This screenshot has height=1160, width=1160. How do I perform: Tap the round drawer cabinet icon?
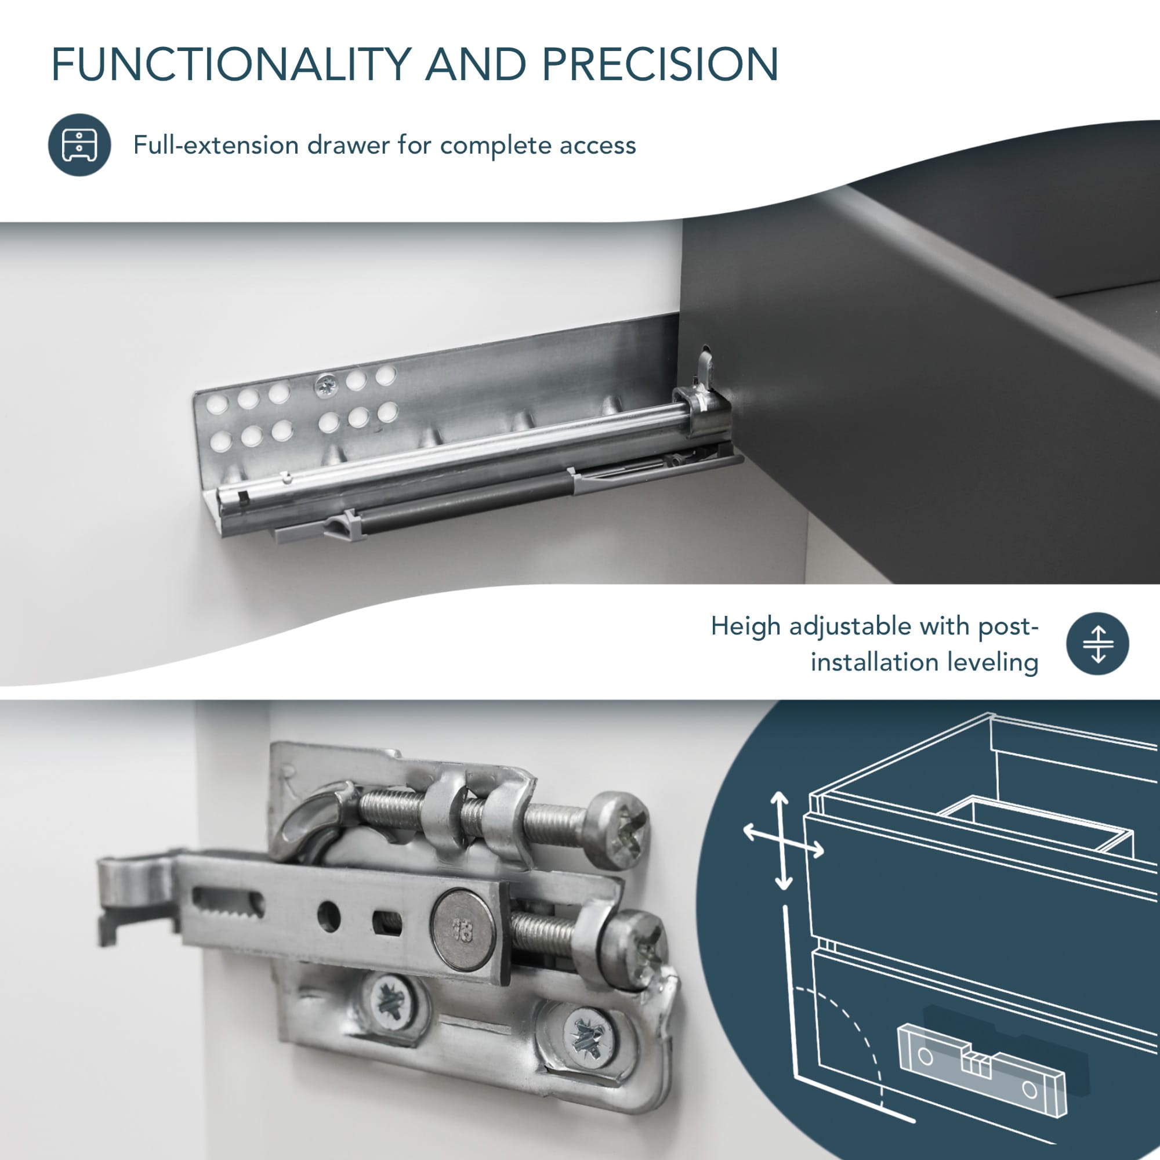[x=79, y=144]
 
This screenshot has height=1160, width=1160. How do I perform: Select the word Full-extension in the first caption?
[x=216, y=146]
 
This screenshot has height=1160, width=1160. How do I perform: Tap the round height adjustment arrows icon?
[x=1097, y=644]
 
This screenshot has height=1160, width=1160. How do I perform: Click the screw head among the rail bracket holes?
[x=327, y=385]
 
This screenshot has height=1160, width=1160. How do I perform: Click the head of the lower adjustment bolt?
[x=635, y=949]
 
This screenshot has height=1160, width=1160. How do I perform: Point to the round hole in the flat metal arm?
[x=328, y=917]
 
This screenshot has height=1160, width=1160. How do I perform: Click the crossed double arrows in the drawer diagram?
[x=782, y=840]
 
